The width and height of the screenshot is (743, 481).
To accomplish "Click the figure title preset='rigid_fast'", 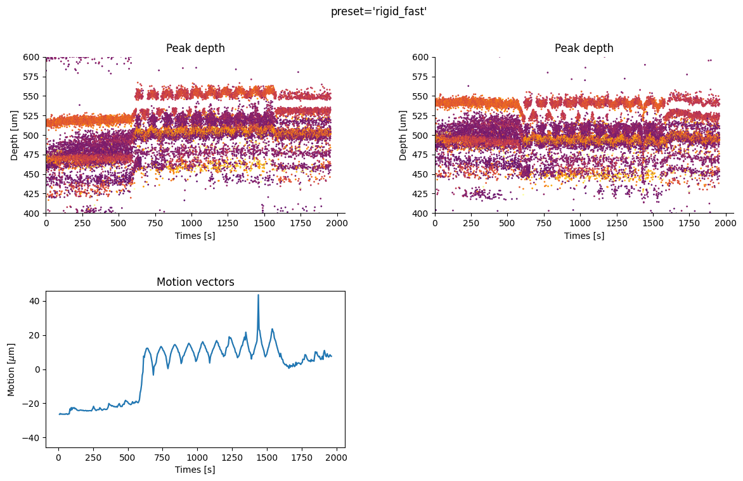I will coord(378,11).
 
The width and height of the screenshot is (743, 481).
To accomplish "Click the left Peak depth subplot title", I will coord(195,48).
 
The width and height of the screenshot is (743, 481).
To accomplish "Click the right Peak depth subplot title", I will coord(584,48).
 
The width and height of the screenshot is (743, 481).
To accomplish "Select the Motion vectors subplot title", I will coord(195,282).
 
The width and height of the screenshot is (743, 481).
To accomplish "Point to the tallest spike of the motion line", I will coord(258,295).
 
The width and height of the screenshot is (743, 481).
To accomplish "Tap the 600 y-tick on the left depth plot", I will coord(32,57).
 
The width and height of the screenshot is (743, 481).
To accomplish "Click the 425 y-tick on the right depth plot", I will coord(421,194).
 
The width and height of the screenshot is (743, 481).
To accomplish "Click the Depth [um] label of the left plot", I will coord(15,135).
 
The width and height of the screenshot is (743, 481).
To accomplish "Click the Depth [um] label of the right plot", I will coord(403,135).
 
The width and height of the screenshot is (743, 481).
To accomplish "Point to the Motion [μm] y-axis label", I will coord(11,369).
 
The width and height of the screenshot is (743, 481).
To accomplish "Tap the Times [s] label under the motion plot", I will coord(195,470).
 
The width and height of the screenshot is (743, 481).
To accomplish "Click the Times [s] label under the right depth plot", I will coord(584,236).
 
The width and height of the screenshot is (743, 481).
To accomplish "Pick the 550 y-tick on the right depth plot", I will coord(421,96).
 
